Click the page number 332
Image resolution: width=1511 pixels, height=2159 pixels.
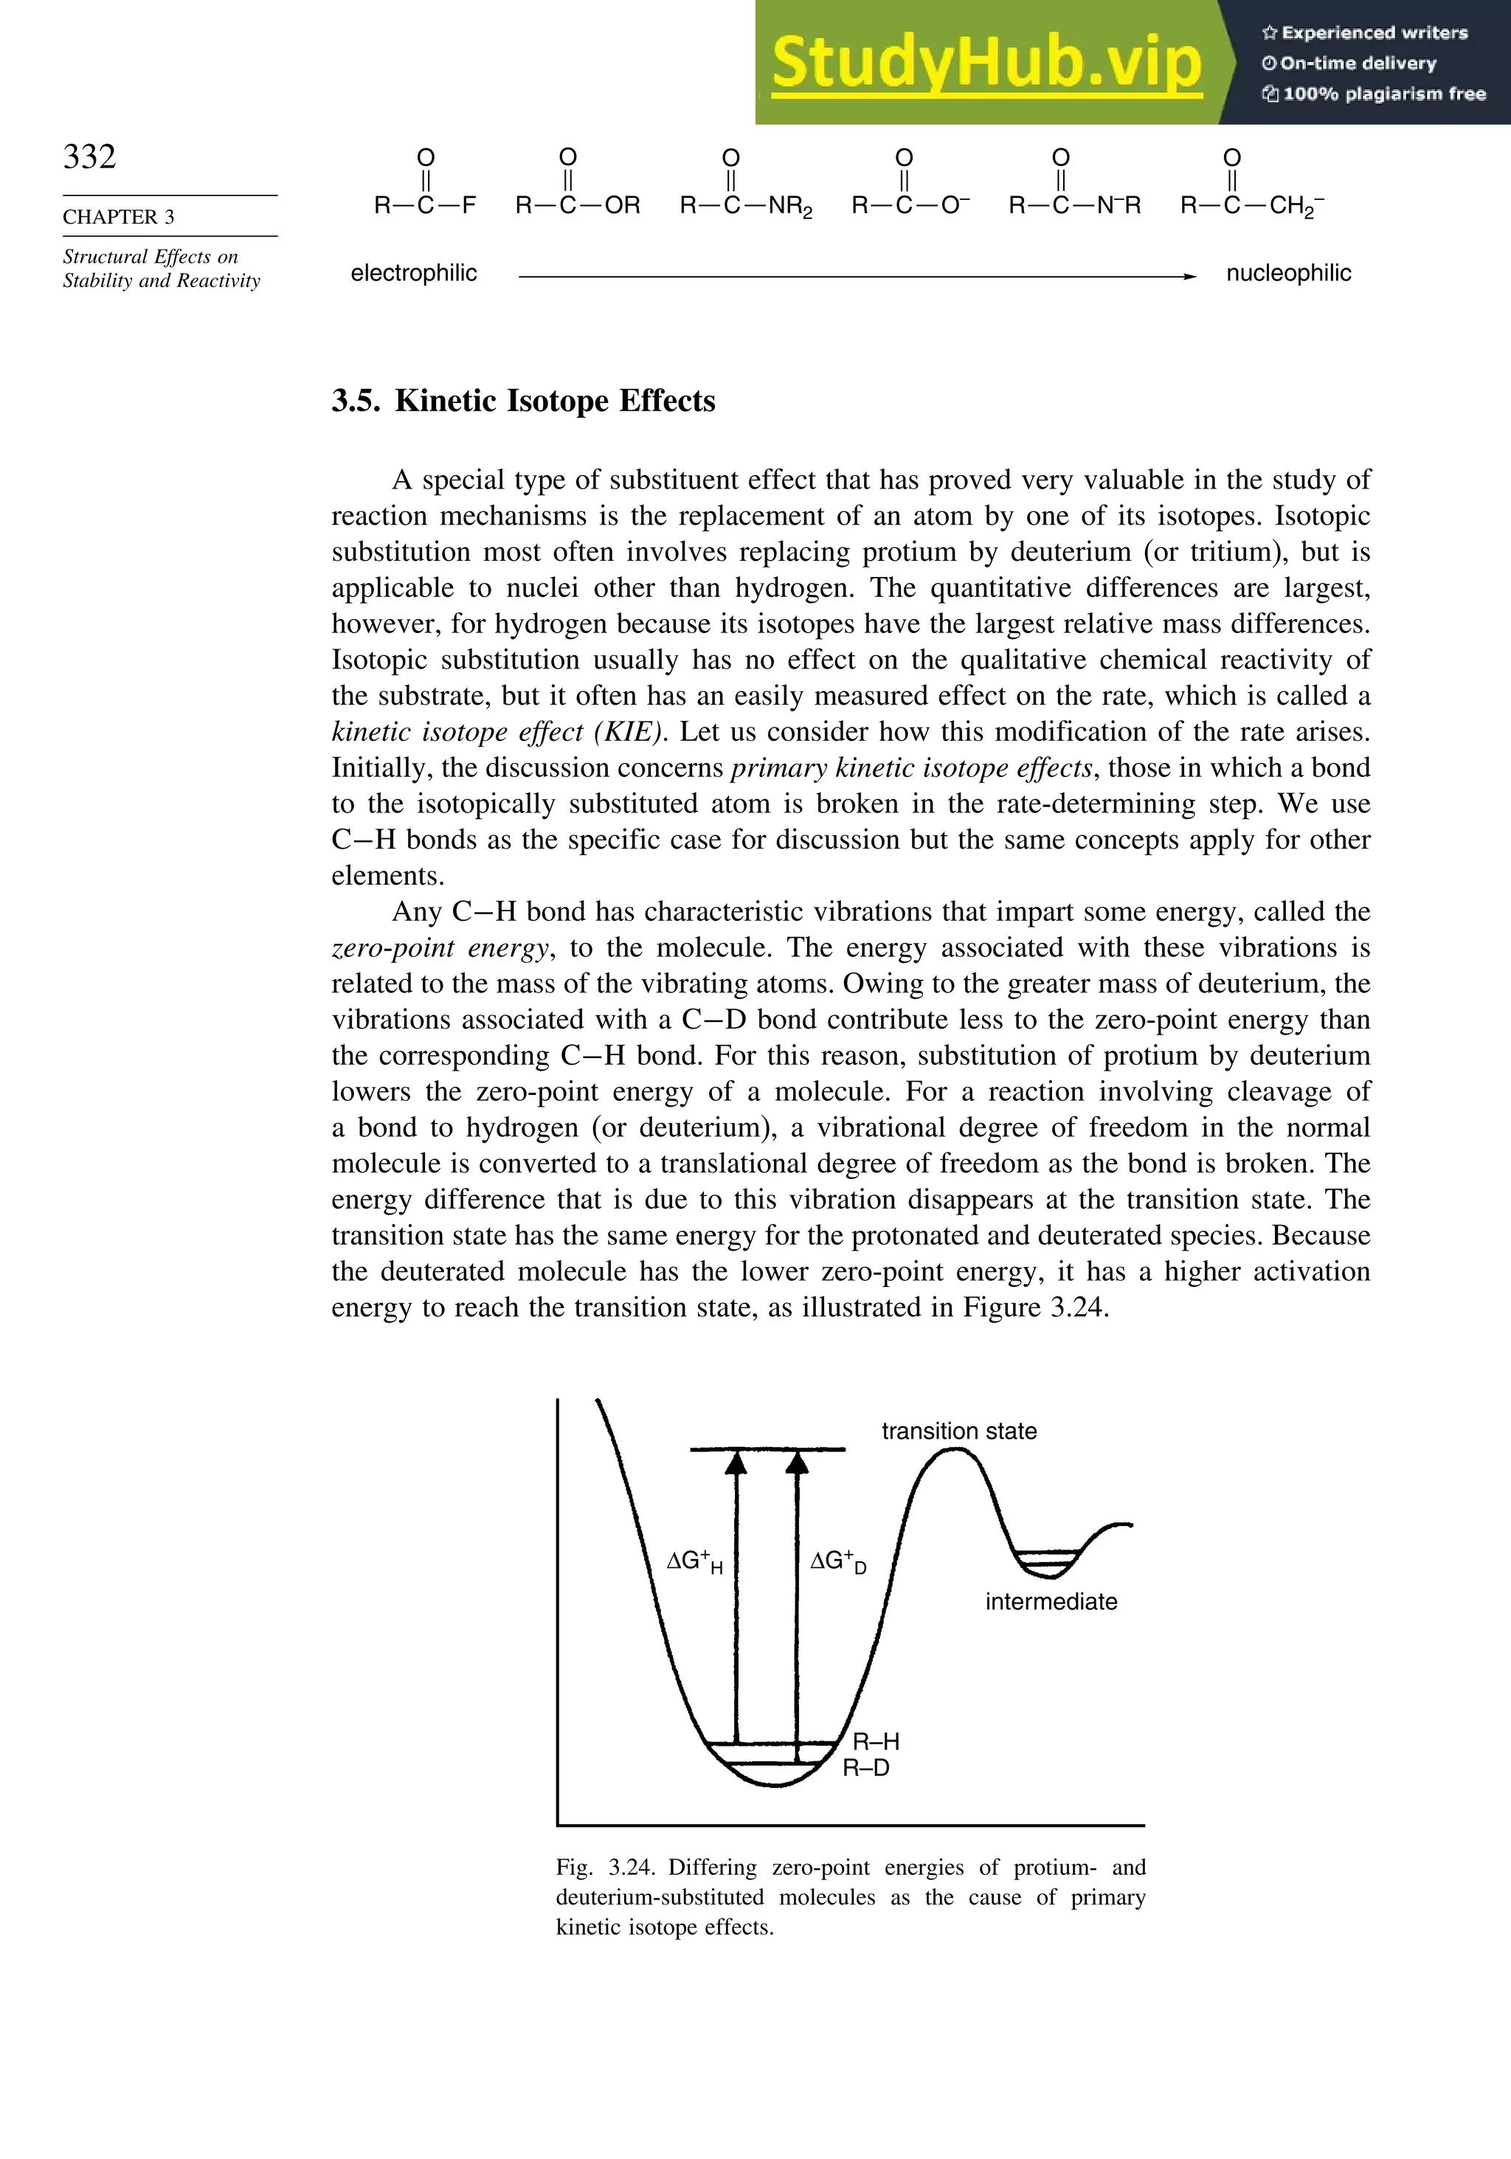tap(89, 156)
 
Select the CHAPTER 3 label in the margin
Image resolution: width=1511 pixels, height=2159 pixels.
tap(119, 216)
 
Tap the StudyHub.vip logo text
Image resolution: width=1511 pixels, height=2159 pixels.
tap(986, 64)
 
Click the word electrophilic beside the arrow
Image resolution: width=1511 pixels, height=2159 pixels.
tap(414, 274)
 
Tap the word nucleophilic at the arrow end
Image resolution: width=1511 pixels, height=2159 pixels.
tap(1288, 274)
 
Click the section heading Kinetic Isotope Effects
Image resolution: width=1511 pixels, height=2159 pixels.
tap(555, 401)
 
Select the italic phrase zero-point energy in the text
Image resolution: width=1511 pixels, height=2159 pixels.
tap(439, 948)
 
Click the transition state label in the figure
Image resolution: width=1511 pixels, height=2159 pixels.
tap(958, 1431)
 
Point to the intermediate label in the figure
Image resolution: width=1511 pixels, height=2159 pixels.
tap(1051, 1601)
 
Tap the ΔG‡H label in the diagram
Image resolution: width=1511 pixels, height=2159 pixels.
tap(694, 1562)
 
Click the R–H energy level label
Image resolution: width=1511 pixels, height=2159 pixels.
tap(875, 1741)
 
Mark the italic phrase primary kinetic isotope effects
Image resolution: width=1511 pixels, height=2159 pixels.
tap(911, 768)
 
